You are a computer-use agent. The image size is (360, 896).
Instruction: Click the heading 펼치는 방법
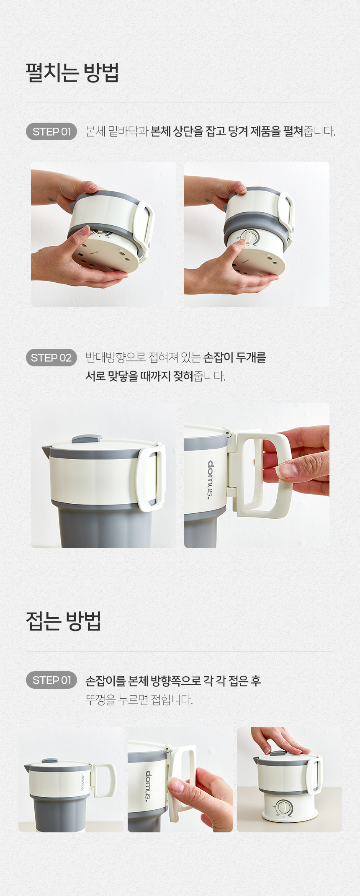pos(72,72)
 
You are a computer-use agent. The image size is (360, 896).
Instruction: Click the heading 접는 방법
pos(64,621)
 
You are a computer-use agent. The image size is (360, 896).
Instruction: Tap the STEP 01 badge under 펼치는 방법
pos(51,131)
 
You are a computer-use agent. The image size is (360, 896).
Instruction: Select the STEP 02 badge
pos(51,358)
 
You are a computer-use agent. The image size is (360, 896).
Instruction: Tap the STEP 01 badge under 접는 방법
pos(51,680)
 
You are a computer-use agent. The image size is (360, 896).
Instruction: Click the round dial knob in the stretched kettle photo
pos(250,237)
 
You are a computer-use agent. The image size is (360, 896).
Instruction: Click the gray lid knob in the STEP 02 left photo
pos(87,439)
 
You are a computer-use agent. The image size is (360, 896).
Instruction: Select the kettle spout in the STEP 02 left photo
pos(46,451)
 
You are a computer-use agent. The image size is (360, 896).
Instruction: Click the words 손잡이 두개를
pos(234,358)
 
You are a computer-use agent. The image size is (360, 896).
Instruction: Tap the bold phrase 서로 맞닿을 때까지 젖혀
pos(139,376)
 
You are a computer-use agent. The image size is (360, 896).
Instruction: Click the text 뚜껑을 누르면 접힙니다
pos(139,699)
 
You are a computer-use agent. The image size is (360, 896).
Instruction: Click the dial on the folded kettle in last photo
pos(283,807)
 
